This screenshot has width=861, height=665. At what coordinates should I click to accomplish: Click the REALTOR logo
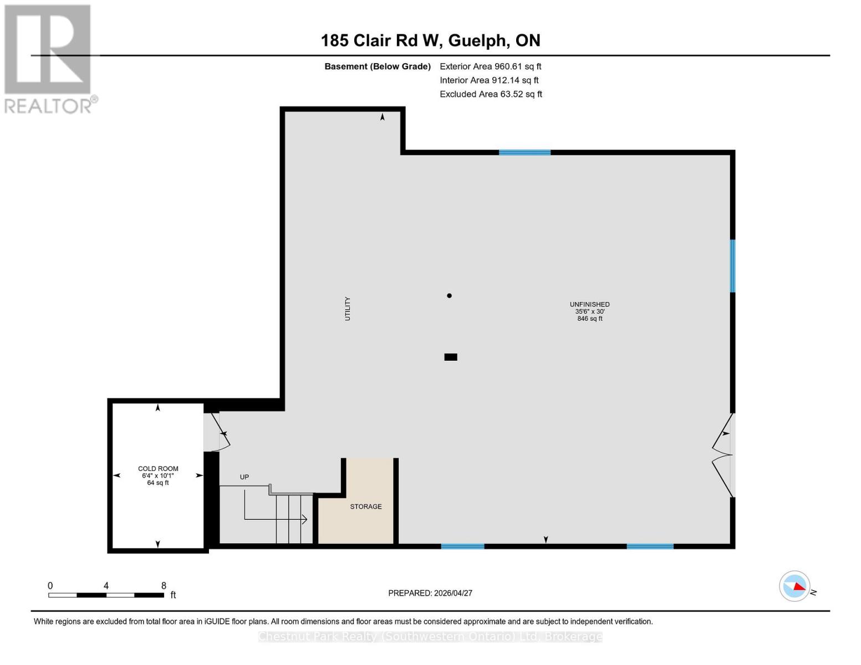(49, 58)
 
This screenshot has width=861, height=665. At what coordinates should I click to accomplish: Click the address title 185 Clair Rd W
(430, 40)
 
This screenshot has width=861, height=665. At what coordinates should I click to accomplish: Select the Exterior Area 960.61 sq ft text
(490, 66)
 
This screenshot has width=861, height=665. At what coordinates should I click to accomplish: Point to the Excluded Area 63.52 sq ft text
(491, 94)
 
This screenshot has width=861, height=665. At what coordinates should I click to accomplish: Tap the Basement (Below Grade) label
(378, 66)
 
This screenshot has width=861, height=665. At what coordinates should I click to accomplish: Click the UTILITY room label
(348, 309)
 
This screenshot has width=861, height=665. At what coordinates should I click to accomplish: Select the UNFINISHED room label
(589, 305)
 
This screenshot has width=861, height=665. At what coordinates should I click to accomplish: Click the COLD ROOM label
(158, 469)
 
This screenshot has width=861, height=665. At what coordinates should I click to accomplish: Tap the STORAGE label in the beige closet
(366, 507)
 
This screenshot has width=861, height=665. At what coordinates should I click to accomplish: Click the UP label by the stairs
(244, 477)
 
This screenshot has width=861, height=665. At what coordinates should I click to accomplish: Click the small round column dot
(449, 296)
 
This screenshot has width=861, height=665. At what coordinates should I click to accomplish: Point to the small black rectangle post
(451, 357)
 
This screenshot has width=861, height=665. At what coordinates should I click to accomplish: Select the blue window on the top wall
(524, 152)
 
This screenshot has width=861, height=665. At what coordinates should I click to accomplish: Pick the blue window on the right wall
(732, 266)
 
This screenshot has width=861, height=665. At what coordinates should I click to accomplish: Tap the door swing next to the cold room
(217, 432)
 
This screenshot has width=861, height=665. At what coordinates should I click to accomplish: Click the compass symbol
(795, 586)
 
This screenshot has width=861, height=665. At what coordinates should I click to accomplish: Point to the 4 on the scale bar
(106, 586)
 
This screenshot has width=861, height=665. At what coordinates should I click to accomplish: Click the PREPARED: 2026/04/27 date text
(430, 593)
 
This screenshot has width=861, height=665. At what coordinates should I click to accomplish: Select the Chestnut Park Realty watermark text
(430, 637)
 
